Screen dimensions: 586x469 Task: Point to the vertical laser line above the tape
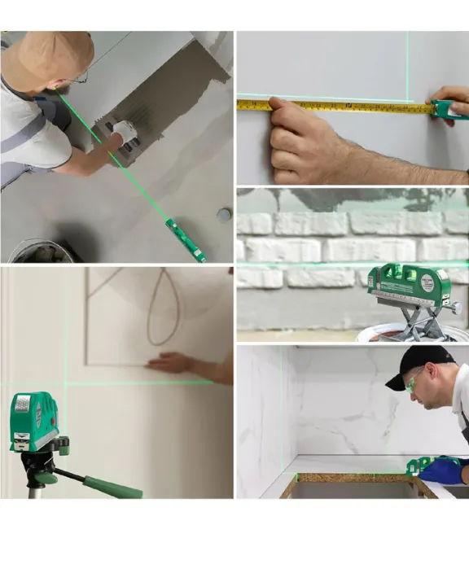point(407,65)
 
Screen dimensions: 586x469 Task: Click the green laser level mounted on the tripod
point(33,421)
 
